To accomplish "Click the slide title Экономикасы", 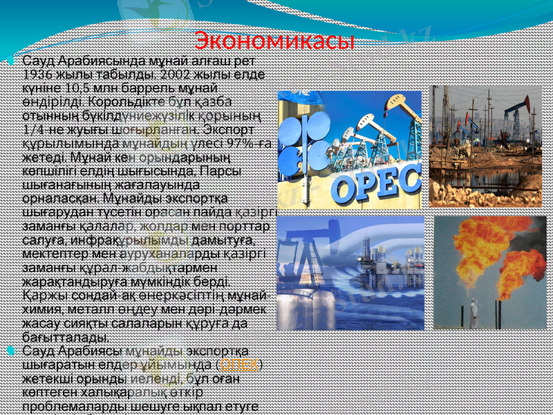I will click(274, 40).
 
